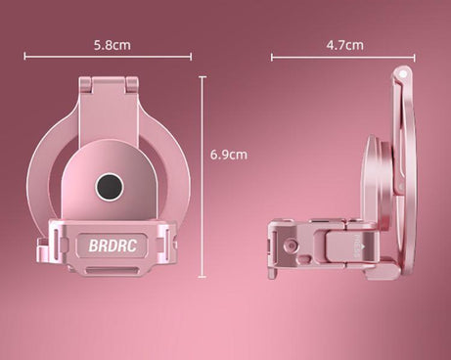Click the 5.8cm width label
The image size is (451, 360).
(x=113, y=45)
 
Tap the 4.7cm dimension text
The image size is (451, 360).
(x=344, y=45)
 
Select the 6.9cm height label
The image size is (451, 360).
(x=229, y=155)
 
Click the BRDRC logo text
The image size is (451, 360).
(x=113, y=246)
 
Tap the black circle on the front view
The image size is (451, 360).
(x=110, y=187)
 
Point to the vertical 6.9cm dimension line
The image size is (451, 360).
(x=203, y=177)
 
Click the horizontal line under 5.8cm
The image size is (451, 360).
(x=108, y=57)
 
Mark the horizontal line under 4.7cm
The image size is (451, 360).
(x=343, y=58)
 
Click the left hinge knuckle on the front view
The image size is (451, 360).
(x=86, y=85)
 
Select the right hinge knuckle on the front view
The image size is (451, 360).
(x=132, y=85)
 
